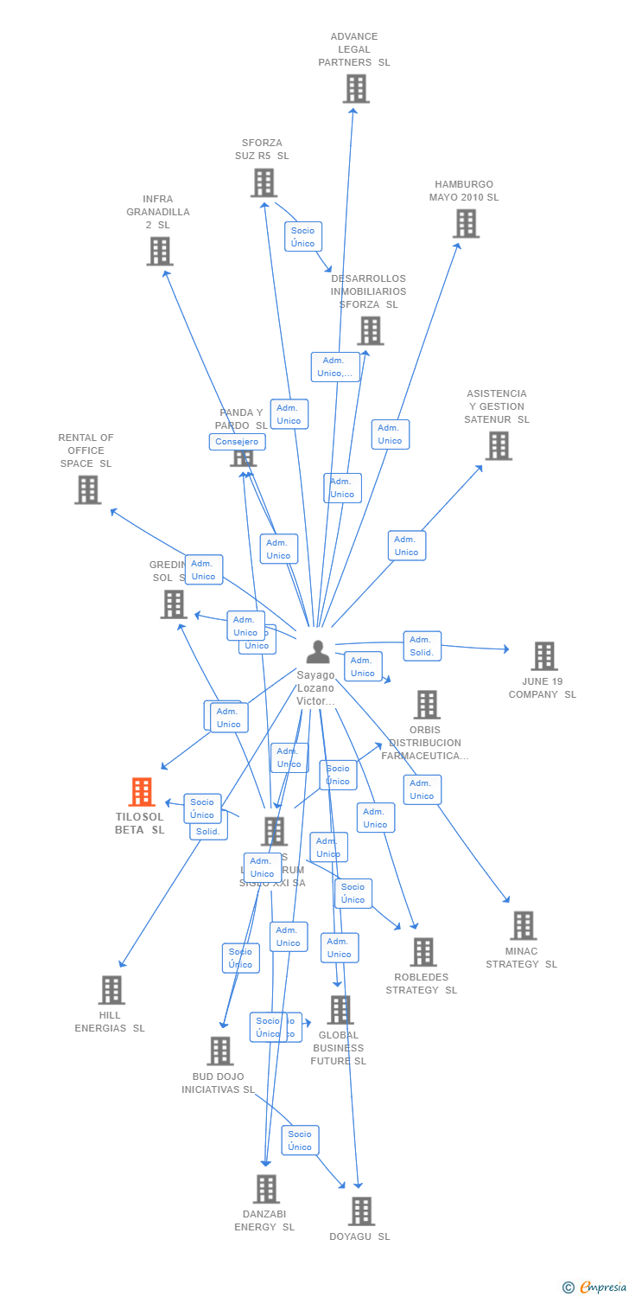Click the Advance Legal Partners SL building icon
pos(355,89)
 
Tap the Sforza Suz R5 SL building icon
pos(264,182)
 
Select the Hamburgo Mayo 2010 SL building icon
pos(466,223)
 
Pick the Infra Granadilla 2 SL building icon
pos(159,251)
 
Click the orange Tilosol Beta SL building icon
pos(141,792)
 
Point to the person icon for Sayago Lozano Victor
pos(318,651)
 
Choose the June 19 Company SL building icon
pos(543,656)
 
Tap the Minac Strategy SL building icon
pos(523,925)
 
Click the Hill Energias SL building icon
pos(111,990)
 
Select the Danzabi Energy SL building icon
pos(266,1189)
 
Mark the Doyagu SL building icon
pos(361,1211)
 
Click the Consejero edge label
pos(237,442)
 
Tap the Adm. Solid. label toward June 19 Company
pos(422,646)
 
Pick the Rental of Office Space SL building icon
pos(87,489)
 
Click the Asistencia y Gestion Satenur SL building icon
pos(498,445)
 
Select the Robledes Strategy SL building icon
pos(423,952)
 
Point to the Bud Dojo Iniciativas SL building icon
pos(220,1051)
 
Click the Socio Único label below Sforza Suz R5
pos(302,237)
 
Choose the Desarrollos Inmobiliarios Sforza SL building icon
pos(370,330)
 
